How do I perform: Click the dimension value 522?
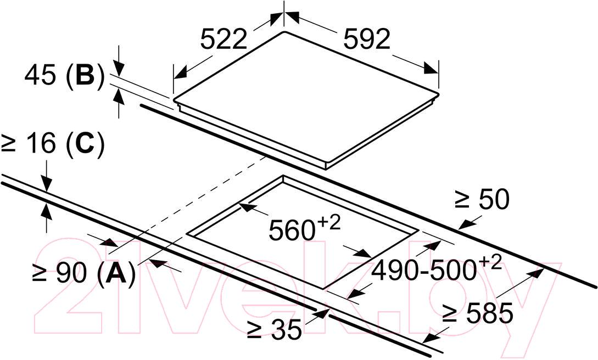tap(224, 39)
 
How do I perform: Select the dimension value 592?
tap(367, 39)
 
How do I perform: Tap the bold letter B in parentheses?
tap(85, 75)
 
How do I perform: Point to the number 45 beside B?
tap(40, 75)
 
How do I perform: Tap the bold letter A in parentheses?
tap(116, 273)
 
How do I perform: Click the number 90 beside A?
tap(72, 273)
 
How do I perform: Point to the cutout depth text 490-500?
tap(424, 271)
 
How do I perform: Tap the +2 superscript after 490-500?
tap(490, 263)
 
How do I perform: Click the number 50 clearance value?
tap(494, 199)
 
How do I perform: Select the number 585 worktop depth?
tap(490, 313)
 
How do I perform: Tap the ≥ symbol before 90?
tap(40, 274)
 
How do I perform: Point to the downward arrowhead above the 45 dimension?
tap(119, 69)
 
